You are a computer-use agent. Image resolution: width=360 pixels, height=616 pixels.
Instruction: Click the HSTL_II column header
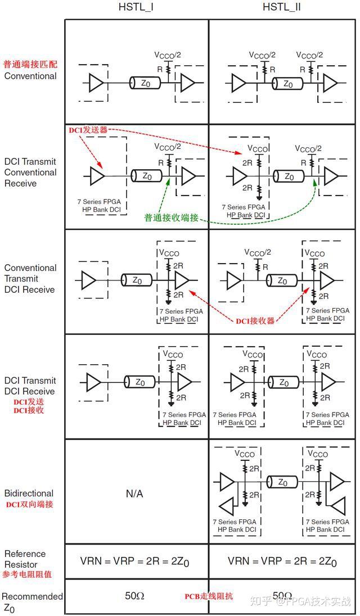[281, 7]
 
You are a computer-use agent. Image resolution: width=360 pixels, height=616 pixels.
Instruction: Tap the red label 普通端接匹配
[30, 65]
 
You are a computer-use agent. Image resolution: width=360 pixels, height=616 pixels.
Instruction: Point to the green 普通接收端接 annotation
[171, 218]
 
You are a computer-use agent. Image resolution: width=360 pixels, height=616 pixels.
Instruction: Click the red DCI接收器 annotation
[255, 321]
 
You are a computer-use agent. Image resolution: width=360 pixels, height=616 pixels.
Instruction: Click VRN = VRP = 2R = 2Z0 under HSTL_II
[282, 561]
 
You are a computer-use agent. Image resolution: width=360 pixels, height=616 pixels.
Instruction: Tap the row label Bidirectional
[29, 493]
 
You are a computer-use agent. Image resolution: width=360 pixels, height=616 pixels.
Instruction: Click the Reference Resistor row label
[25, 559]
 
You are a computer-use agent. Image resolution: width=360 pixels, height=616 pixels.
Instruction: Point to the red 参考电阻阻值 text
[26, 574]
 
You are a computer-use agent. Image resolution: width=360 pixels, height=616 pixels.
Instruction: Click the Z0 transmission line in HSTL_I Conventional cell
[145, 83]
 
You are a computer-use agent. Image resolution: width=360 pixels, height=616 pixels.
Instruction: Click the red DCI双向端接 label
[29, 504]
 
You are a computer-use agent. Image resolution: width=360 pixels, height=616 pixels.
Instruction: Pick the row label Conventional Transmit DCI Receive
[30, 279]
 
